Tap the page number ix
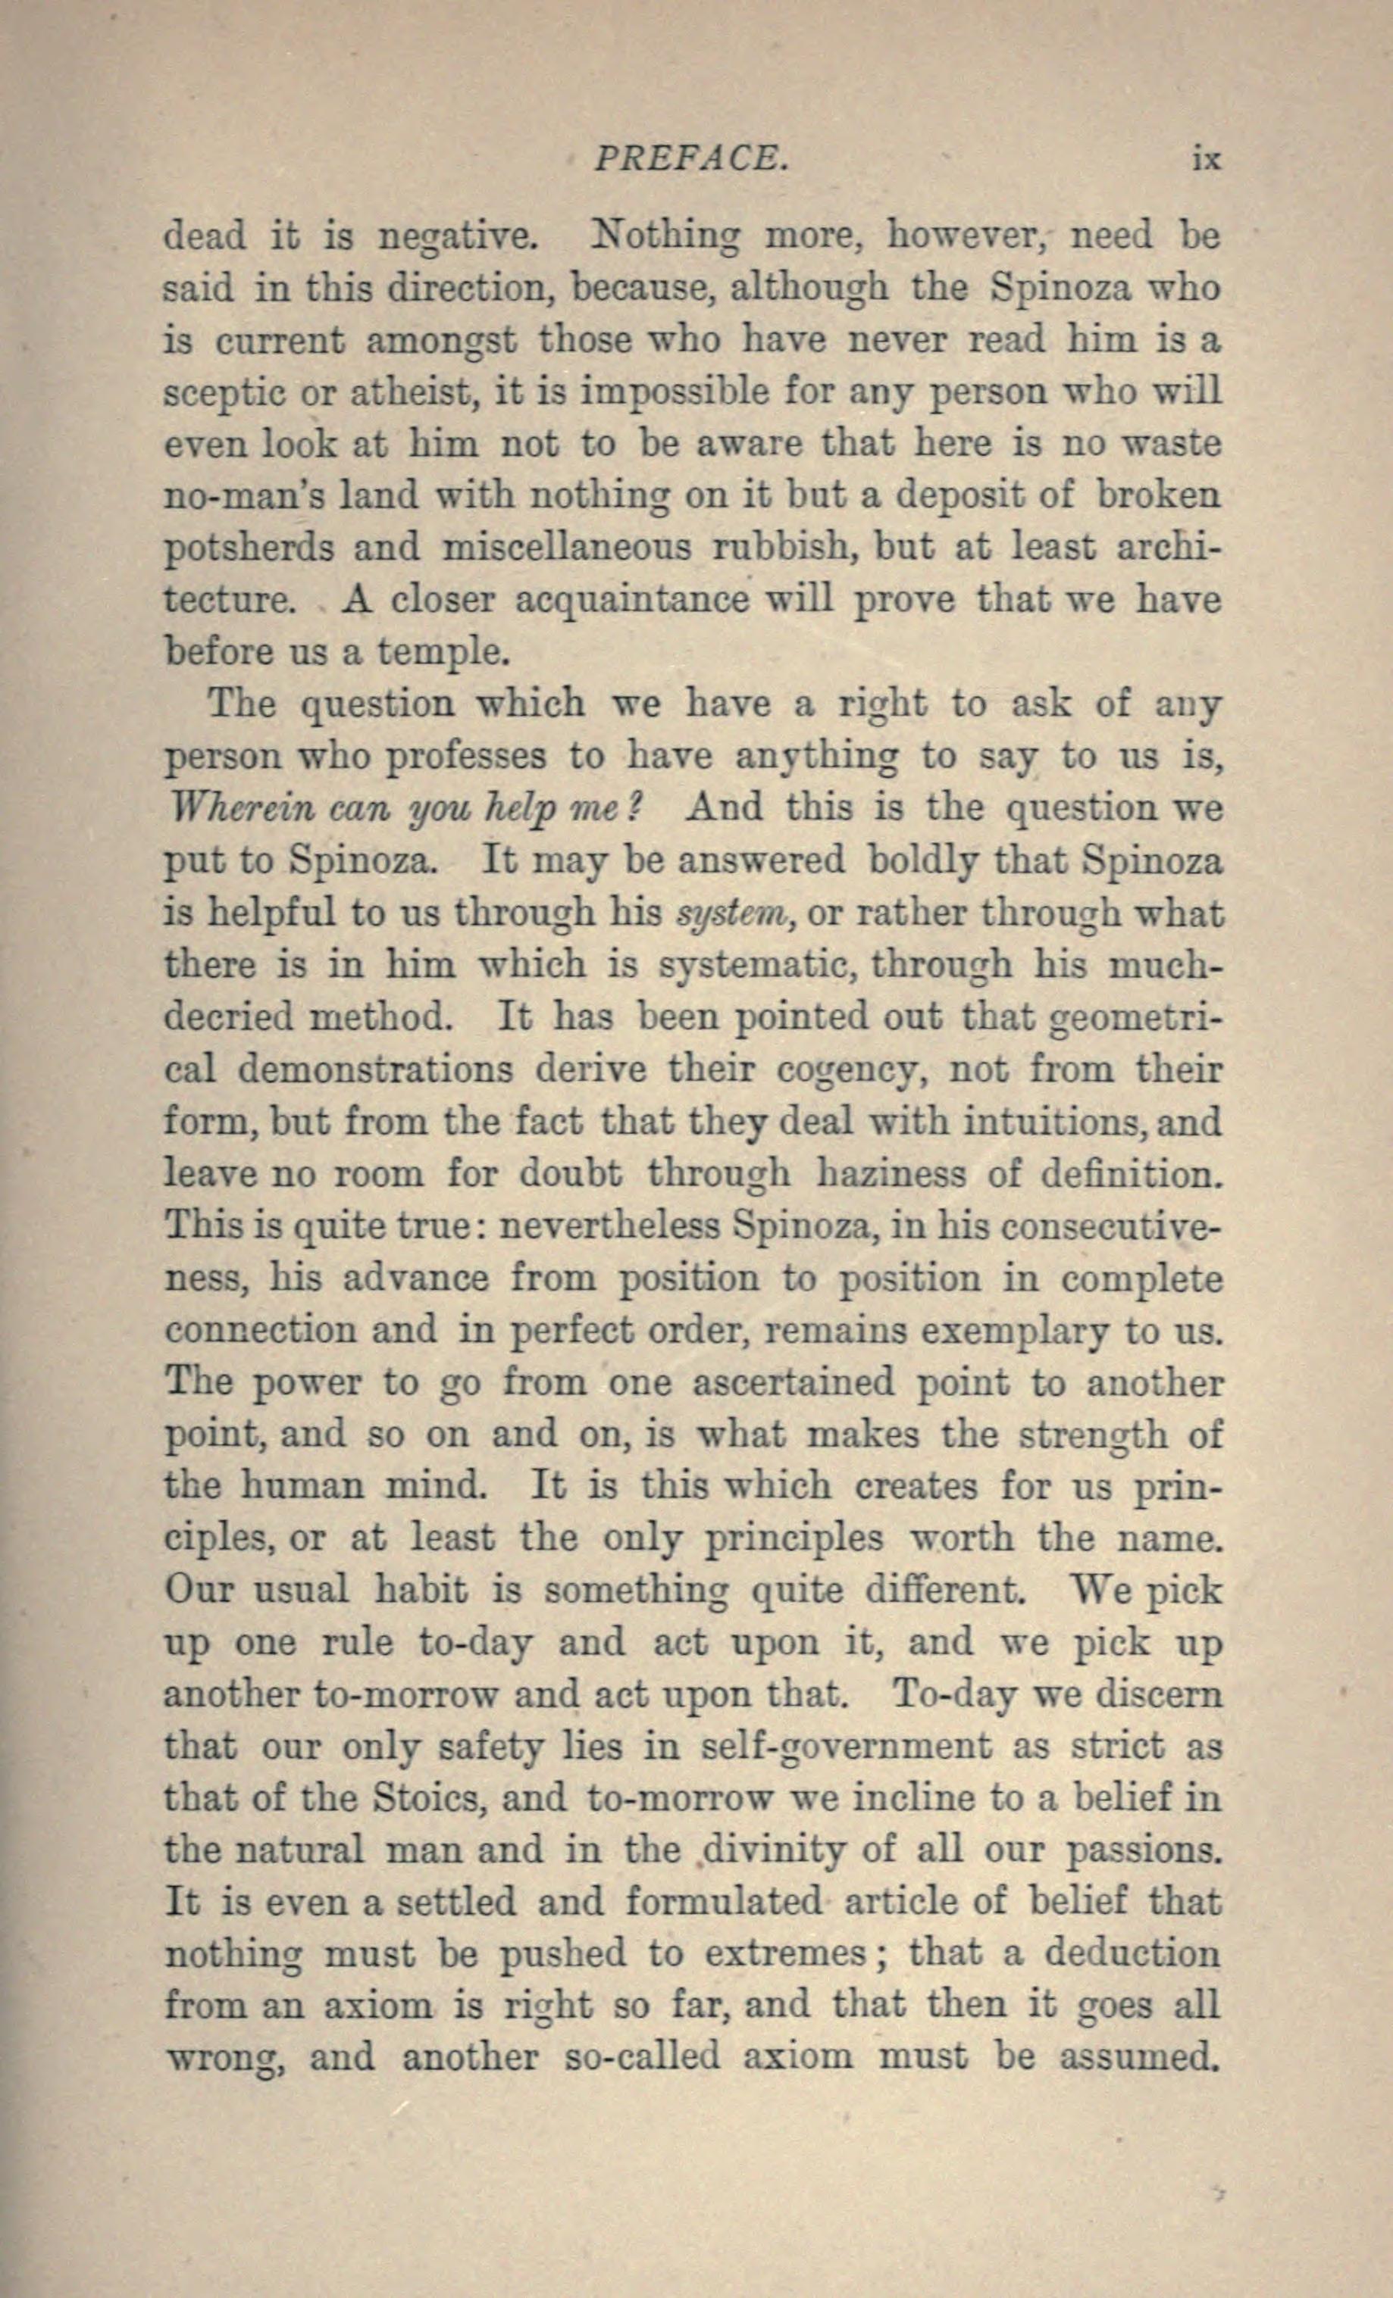(1206, 161)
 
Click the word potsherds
(248, 548)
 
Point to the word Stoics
(425, 1797)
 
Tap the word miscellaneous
(567, 548)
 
